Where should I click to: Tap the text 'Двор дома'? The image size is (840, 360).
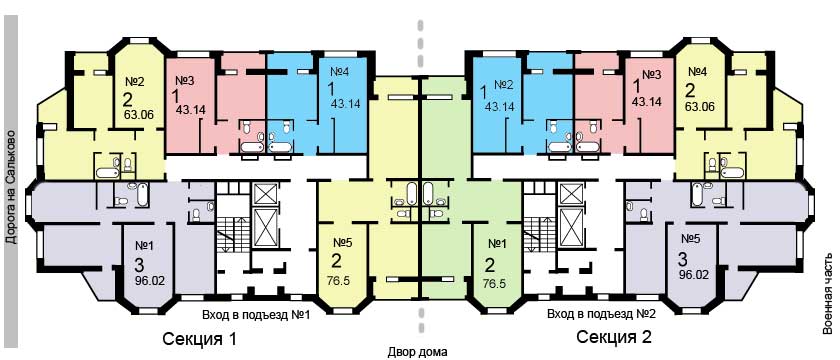pos(419,351)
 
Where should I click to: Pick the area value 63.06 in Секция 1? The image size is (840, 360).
pos(139,115)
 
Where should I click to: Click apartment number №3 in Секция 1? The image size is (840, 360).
pos(184,81)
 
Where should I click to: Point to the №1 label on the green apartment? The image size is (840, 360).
pos(497,243)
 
